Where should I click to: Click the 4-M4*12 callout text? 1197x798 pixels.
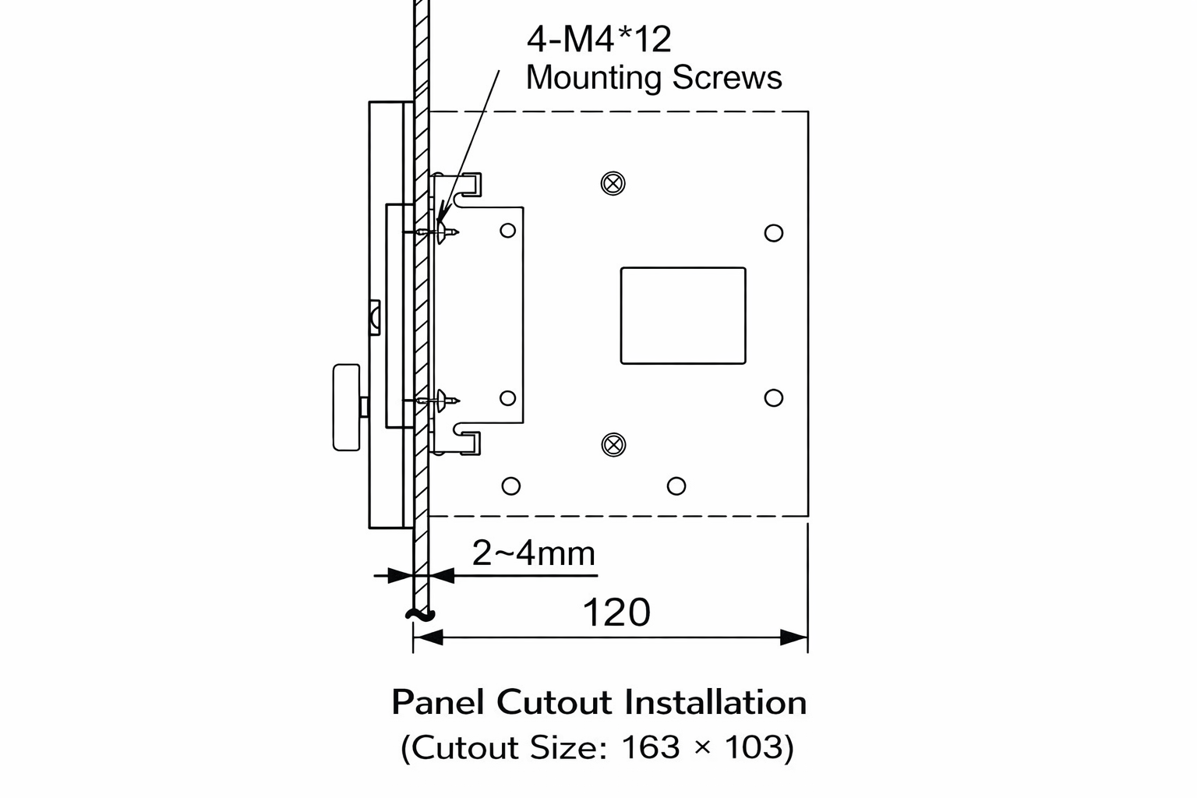(598, 39)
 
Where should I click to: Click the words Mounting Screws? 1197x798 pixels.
(653, 78)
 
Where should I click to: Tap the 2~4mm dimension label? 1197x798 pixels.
(534, 553)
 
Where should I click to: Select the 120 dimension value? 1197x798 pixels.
(616, 613)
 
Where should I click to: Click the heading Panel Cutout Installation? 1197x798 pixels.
(598, 702)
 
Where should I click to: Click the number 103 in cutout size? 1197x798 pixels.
(753, 747)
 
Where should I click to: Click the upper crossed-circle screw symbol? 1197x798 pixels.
(613, 183)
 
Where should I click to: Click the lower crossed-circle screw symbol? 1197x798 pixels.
(614, 445)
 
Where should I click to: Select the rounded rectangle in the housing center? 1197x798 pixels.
(683, 316)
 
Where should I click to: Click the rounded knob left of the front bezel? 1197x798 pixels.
(346, 407)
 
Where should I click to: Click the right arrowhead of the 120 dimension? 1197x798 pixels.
(795, 637)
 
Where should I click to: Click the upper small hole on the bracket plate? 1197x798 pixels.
(507, 230)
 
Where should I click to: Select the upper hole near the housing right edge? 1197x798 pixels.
(773, 233)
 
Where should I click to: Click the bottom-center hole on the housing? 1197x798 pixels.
(676, 486)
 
